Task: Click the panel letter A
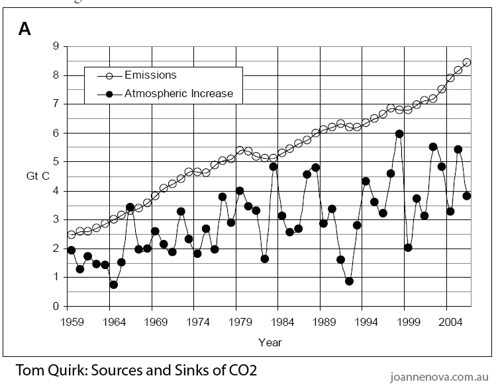25,28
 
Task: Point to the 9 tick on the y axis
56,46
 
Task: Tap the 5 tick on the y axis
56,162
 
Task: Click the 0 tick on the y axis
56,307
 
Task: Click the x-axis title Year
270,342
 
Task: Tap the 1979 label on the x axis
239,321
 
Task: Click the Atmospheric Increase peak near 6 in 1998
399,134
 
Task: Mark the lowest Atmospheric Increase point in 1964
114,284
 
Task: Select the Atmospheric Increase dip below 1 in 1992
349,281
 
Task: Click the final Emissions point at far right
467,62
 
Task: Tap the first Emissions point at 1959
72,235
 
